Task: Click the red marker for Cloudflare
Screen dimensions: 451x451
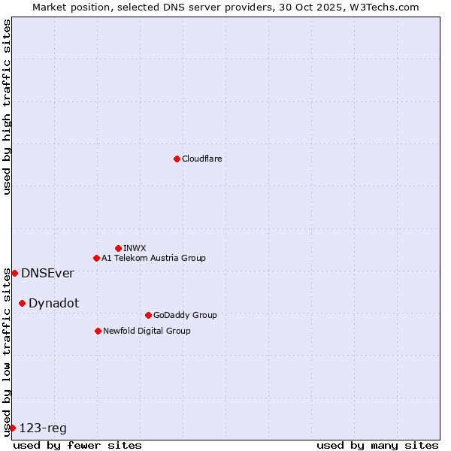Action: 177,159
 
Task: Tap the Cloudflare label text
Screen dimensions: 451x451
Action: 201,159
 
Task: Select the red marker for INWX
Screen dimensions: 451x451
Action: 118,248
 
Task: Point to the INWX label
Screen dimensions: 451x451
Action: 135,248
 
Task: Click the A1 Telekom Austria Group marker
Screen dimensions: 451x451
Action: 96,258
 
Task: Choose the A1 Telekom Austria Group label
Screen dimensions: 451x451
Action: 153,258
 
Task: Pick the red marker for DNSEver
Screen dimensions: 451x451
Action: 14,273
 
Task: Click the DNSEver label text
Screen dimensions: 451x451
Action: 47,273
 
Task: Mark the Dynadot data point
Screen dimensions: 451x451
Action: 22,303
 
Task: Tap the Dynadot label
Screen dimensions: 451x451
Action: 53,303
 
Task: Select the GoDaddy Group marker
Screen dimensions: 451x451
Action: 148,315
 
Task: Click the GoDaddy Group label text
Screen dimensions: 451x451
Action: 184,315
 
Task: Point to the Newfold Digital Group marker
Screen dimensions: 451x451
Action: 98,331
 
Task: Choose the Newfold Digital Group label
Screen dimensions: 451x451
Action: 147,331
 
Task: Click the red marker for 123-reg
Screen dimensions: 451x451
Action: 12,428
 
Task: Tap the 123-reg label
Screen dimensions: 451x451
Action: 43,428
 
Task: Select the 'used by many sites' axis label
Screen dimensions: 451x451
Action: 377,445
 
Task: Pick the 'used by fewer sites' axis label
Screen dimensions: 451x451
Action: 77,445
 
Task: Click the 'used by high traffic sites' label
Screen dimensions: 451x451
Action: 7,107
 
